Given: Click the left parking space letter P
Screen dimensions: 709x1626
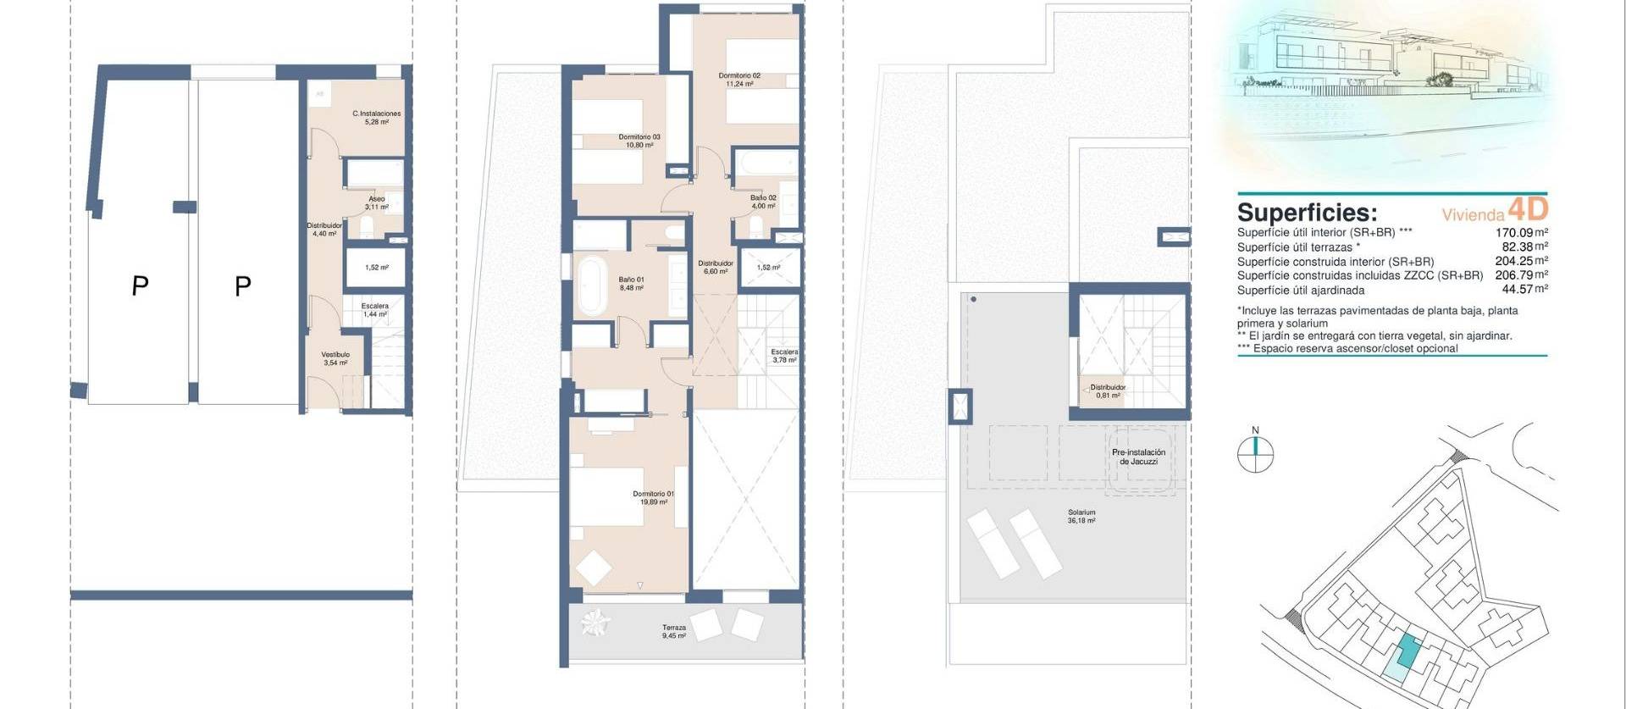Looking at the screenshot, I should (140, 286).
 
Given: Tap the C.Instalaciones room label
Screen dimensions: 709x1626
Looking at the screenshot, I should (376, 118).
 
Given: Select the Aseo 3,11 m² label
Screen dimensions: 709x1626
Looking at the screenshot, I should (377, 202).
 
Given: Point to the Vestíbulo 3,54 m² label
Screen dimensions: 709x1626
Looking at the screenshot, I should (335, 359).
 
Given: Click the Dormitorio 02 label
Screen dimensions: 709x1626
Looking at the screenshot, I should (739, 80).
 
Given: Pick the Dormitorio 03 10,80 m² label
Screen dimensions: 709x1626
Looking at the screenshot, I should (639, 141).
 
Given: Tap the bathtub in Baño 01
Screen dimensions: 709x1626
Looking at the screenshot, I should (590, 285).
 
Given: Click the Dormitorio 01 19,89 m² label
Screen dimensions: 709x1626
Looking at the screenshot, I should (653, 498).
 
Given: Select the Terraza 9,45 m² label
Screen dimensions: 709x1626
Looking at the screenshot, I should (674, 631).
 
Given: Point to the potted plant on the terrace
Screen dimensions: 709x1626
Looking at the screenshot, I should (595, 624).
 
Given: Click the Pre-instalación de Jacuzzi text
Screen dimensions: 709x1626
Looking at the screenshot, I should (1138, 457).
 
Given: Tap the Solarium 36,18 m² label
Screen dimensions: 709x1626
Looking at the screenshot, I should (1081, 517).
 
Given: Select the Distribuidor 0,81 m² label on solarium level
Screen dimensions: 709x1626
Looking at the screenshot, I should (1107, 391).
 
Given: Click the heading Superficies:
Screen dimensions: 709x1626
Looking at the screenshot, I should (1307, 212).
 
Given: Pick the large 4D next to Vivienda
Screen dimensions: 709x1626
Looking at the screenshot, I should (1528, 208).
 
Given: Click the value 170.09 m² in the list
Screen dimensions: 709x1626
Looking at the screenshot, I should (1521, 232).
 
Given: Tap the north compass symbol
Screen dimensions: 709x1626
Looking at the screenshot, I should (1255, 453).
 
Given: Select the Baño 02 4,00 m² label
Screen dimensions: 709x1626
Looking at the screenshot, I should (762, 202).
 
